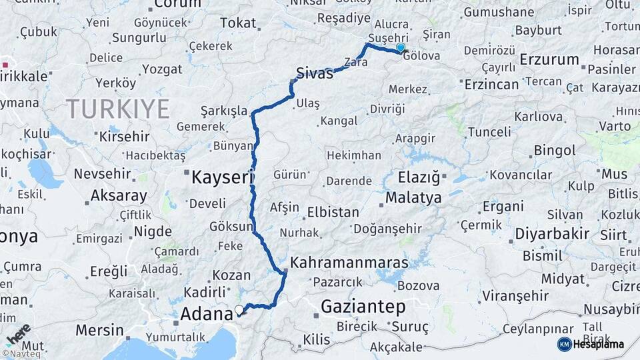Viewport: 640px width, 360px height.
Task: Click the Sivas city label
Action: pos(314,73)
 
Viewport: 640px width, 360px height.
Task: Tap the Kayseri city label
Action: pos(222,177)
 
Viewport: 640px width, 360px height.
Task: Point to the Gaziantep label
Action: pos(363,307)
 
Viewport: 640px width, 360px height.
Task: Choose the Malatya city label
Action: pos(413,198)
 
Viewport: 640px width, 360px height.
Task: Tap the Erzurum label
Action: pos(549,60)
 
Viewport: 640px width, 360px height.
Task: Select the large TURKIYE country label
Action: pos(117,108)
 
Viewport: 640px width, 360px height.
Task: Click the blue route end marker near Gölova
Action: pos(401,48)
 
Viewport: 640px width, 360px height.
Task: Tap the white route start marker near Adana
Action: pos(239,309)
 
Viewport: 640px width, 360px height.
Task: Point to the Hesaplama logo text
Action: pos(598,344)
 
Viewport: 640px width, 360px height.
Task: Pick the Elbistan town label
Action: pos(333,213)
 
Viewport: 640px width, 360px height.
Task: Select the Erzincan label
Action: pos(491,84)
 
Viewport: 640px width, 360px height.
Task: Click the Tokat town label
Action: pos(238,23)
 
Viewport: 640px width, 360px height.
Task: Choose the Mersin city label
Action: pos(99,330)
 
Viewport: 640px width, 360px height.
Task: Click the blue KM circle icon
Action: pos(564,344)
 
